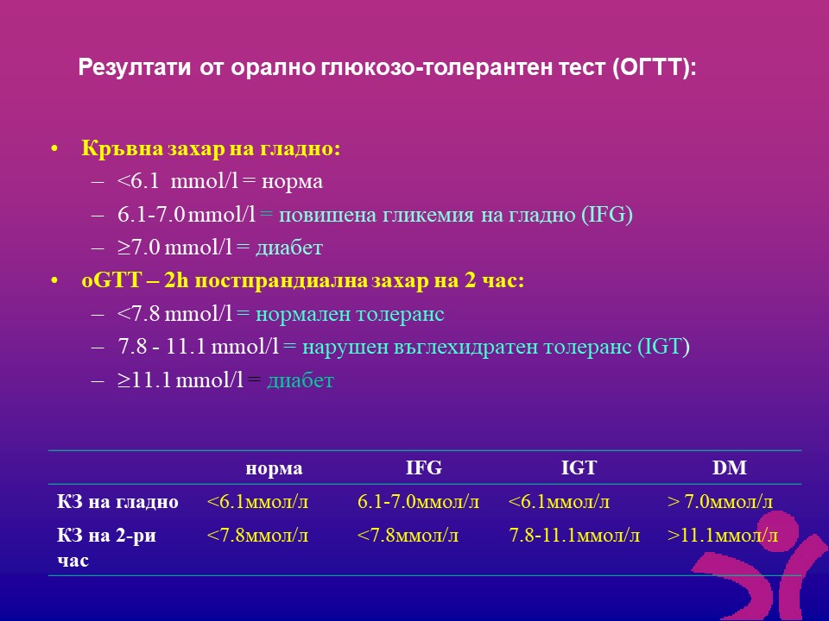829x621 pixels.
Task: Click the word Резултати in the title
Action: point(135,67)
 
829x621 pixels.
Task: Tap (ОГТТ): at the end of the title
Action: point(655,68)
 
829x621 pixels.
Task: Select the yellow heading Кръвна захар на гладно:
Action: point(211,148)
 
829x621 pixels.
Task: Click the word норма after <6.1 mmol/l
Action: point(292,182)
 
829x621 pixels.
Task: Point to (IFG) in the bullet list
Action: point(607,215)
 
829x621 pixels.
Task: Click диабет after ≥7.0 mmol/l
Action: point(289,248)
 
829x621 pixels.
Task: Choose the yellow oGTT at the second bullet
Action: point(111,280)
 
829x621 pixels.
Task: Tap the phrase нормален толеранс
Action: point(350,314)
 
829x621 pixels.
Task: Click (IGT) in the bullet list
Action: point(663,347)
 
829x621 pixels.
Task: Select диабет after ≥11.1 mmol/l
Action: point(301,380)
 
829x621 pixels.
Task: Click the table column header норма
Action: point(274,468)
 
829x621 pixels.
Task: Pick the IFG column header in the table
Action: point(423,467)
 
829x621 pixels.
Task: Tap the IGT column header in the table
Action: point(579,467)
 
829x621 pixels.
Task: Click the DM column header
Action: point(730,467)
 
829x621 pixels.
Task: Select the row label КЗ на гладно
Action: point(117,502)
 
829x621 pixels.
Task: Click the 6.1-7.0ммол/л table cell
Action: point(418,502)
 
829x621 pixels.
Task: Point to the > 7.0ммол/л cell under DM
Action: point(719,502)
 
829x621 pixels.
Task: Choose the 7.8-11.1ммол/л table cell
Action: point(574,536)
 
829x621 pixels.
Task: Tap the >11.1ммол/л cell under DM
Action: point(722,536)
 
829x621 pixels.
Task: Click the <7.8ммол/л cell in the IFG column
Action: point(408,536)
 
